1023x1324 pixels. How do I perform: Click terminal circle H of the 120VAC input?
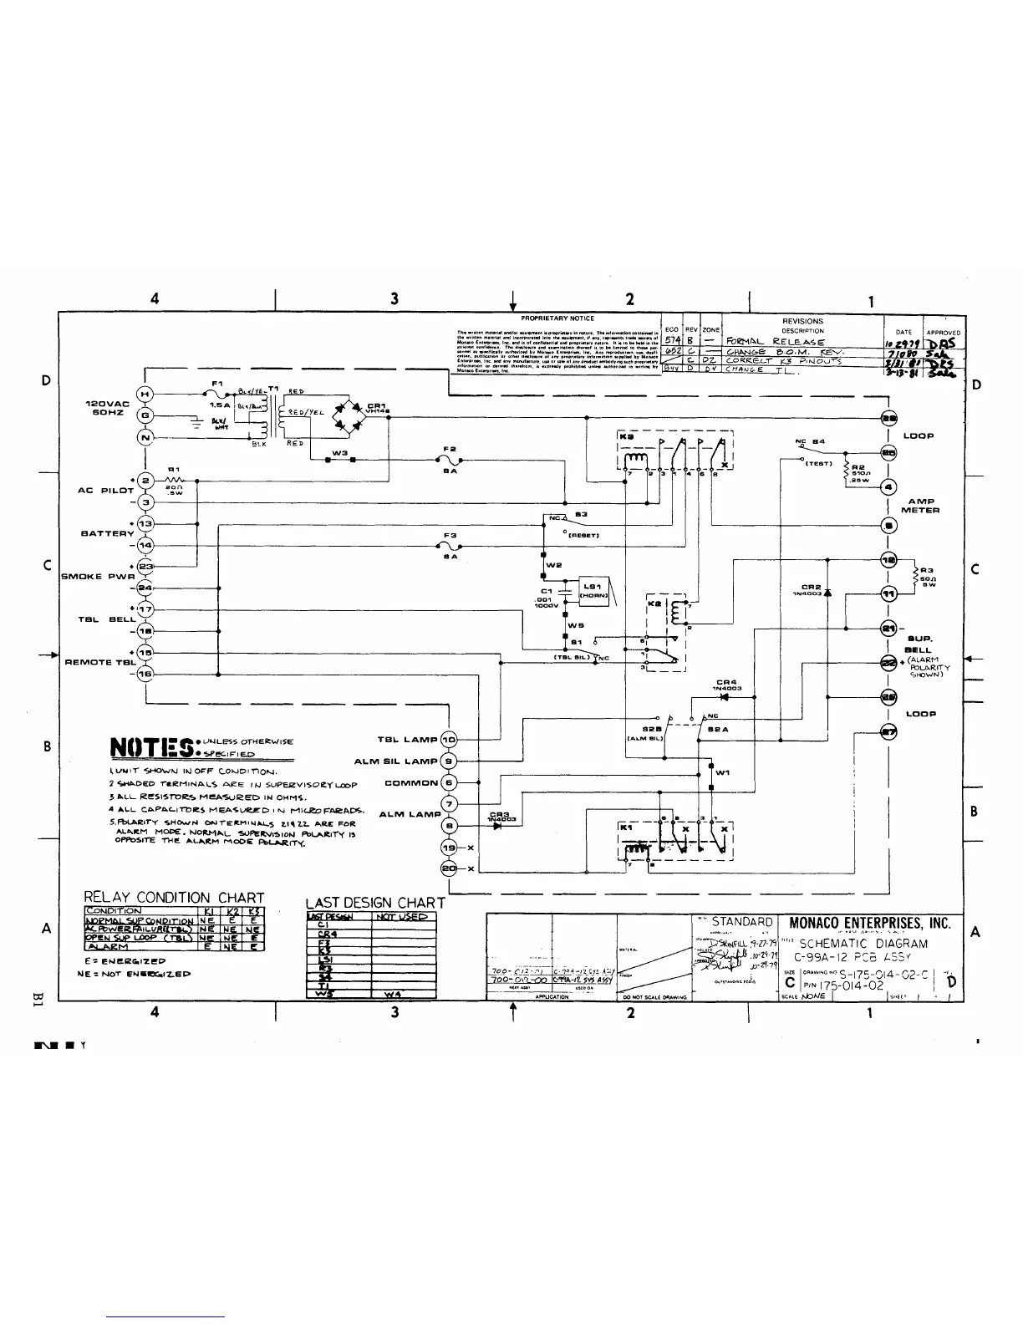click(x=145, y=395)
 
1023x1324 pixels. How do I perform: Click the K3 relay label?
click(x=625, y=435)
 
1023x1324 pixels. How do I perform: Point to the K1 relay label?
click(x=623, y=827)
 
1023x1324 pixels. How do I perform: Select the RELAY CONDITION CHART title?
click(x=174, y=899)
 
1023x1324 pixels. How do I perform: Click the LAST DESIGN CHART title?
click(x=375, y=902)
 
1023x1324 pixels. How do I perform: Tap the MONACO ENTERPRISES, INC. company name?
click(x=870, y=924)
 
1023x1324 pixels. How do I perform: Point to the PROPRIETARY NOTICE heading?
click(x=557, y=318)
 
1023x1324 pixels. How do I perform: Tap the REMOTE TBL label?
click(x=100, y=662)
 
